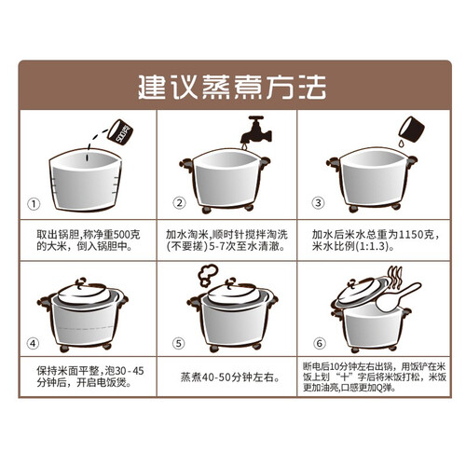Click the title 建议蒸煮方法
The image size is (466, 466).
(232, 87)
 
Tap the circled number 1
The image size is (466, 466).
(34, 204)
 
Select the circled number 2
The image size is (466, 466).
(179, 203)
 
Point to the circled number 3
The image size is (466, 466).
(318, 203)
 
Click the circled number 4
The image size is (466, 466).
(33, 344)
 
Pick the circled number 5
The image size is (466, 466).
(179, 343)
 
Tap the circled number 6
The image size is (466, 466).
(320, 343)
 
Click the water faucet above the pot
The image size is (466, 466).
(256, 130)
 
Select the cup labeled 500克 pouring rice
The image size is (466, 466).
(120, 132)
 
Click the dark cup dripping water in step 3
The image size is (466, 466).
(412, 130)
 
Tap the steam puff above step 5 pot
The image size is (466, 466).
(208, 275)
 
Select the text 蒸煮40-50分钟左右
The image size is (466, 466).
(230, 377)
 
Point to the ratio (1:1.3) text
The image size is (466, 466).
(373, 246)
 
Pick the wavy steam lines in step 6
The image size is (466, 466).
(395, 277)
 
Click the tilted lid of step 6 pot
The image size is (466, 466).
(362, 292)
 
